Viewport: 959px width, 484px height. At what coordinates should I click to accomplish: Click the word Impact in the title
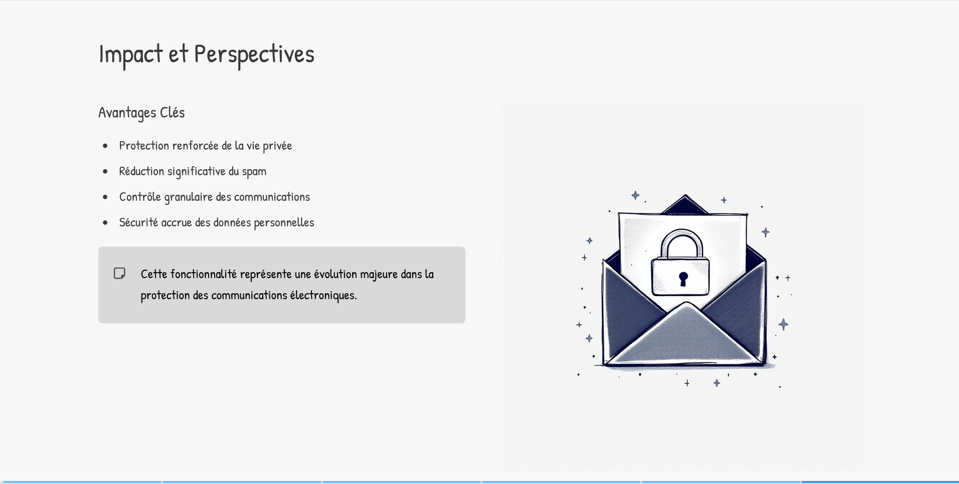(130, 54)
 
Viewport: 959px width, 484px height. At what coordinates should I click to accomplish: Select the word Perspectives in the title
(254, 54)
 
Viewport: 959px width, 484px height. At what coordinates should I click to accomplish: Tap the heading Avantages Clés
(141, 112)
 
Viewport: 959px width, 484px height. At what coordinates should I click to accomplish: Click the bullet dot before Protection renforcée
(105, 146)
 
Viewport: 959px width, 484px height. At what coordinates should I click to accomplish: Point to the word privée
(277, 146)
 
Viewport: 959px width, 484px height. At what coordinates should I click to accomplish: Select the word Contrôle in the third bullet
(140, 197)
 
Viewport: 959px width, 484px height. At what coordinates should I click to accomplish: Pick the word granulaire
(189, 197)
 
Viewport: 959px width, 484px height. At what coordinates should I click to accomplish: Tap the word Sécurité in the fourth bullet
(138, 222)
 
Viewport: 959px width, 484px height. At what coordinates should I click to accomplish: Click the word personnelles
(284, 222)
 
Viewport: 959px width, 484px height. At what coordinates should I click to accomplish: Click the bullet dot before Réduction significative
(105, 172)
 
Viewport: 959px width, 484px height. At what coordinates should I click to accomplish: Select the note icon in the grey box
(119, 273)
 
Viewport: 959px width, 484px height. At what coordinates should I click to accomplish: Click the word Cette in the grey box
(153, 274)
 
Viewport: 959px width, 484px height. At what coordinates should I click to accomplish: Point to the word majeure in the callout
(379, 275)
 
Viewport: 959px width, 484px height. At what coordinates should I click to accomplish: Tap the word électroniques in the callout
(323, 295)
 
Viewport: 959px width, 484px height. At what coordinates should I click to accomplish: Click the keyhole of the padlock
(683, 278)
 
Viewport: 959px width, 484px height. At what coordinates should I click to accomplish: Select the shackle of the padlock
(682, 241)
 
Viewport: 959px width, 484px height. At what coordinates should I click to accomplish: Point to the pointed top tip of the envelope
(685, 195)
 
